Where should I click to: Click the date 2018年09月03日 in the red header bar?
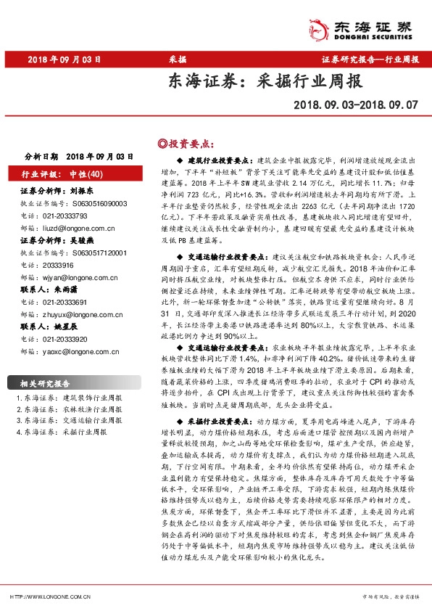61,59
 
